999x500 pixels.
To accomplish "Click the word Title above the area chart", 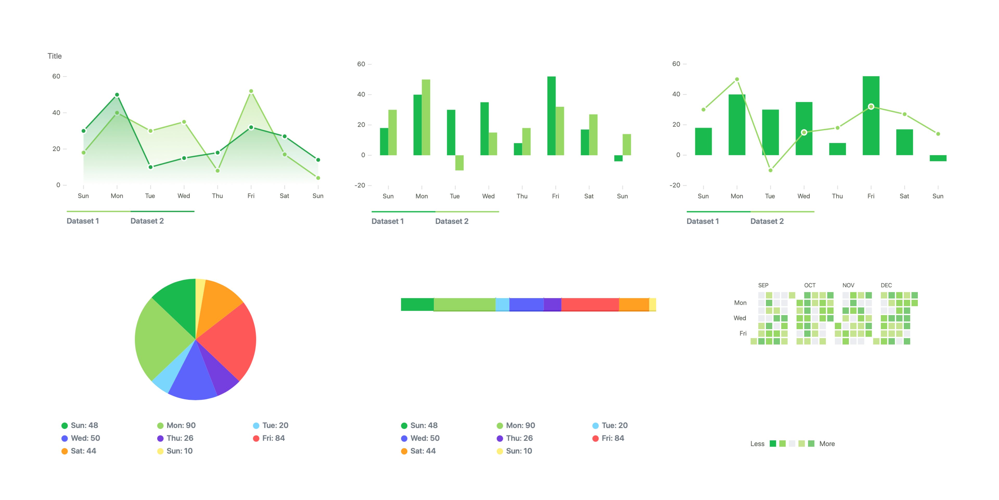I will click(55, 56).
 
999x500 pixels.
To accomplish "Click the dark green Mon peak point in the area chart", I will click(117, 95).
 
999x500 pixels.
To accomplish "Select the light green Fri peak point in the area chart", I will click(251, 91).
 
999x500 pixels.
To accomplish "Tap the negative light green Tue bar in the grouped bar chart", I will click(459, 163).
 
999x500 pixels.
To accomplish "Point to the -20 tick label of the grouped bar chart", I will click(360, 186).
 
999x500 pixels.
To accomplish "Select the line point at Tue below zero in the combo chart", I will click(770, 170).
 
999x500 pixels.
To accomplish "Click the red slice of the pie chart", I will click(229, 342).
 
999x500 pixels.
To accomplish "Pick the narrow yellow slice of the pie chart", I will click(200, 295).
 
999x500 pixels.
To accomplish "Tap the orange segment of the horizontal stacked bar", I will click(634, 304).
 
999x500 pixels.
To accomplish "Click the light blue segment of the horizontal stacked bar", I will click(502, 304).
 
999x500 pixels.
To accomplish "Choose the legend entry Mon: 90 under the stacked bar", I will click(520, 426).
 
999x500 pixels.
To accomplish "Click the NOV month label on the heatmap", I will click(848, 285).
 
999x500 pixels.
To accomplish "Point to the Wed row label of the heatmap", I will click(740, 318).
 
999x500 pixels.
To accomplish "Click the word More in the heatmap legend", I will click(827, 444).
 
